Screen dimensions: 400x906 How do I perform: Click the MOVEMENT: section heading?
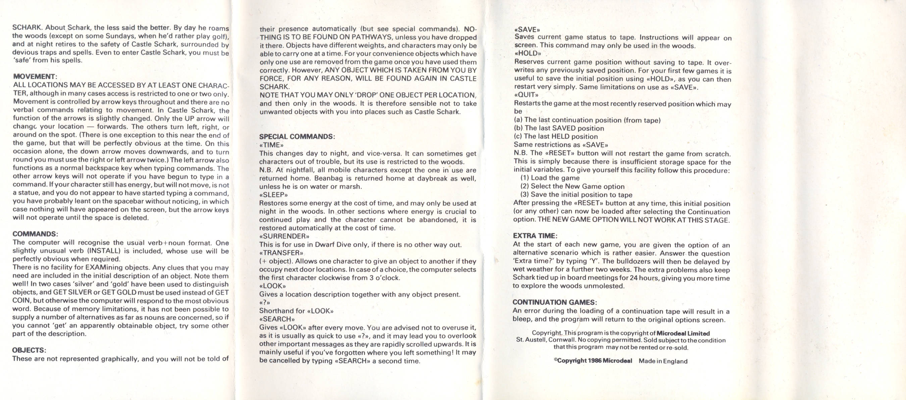tap(35, 76)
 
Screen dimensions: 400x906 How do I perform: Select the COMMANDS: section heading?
tap(35, 234)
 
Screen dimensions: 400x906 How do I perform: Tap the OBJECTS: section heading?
tap(29, 350)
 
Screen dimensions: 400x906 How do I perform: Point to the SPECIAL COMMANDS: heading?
tap(297, 137)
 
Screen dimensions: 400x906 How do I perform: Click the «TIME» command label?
tap(271, 145)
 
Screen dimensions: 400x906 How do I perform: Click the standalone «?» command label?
tap(264, 303)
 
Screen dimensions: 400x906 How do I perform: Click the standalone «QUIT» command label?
tap(526, 95)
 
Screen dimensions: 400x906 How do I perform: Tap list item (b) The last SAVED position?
tap(559, 129)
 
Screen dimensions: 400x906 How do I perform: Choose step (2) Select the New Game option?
tap(572, 187)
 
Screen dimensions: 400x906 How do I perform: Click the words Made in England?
tap(663, 361)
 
